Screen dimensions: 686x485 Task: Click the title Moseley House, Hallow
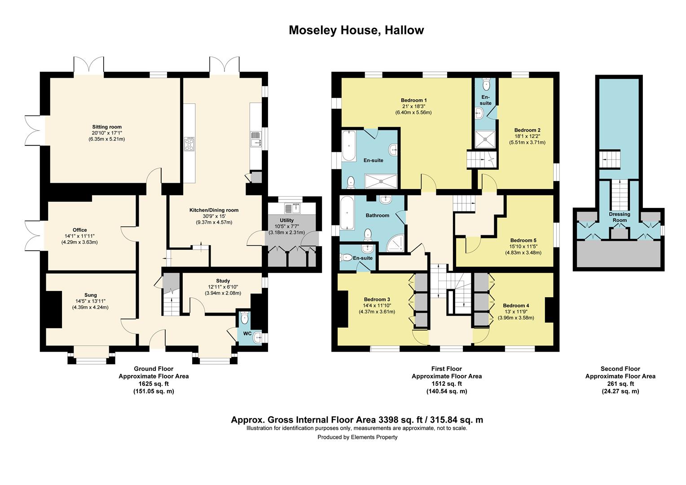(x=356, y=31)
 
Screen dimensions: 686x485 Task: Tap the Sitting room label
(x=107, y=127)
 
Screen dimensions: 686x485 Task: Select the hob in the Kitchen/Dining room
(x=189, y=144)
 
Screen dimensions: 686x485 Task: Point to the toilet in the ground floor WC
(x=244, y=318)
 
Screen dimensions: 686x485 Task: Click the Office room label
(x=79, y=230)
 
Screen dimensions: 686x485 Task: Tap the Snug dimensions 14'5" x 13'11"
(x=90, y=301)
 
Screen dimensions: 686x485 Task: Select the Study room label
(x=223, y=281)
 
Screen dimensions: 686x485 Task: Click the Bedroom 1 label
(x=414, y=100)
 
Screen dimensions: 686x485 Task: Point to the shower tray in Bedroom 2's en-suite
(x=485, y=139)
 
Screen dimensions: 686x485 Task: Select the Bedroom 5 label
(x=523, y=240)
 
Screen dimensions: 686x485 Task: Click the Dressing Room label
(x=620, y=217)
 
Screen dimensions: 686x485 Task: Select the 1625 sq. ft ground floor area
(x=154, y=384)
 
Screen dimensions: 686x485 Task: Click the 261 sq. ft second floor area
(x=620, y=384)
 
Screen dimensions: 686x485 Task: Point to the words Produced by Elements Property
(x=357, y=437)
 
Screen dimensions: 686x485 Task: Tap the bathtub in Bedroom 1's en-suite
(x=349, y=146)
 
